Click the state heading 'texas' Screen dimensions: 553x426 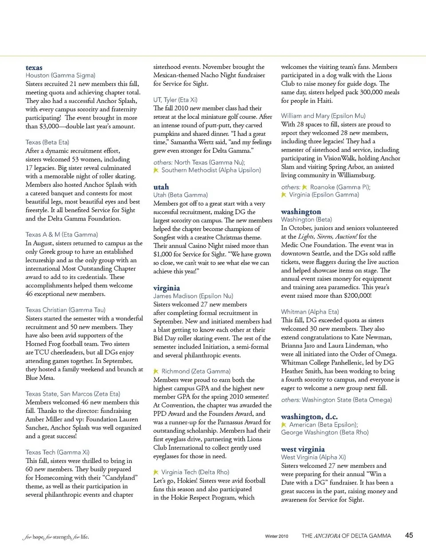click(34, 67)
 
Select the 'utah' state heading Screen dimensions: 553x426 click(161, 187)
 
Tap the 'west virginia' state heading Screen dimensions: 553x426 click(303, 449)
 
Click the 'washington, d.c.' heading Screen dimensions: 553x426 click(309, 416)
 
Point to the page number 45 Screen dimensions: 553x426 click(409, 535)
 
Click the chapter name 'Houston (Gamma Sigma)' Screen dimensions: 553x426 click(60, 75)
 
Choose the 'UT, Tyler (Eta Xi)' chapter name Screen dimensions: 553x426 click(175, 100)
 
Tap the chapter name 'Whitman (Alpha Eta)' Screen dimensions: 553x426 click(310, 312)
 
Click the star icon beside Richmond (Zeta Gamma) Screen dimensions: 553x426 click(156, 371)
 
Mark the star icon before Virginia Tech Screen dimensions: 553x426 click(156, 472)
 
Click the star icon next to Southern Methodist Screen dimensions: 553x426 click(156, 170)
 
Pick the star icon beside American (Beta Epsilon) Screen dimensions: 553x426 click(284, 425)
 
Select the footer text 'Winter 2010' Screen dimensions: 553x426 click(276, 536)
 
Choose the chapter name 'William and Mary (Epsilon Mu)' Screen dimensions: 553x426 click(323, 116)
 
